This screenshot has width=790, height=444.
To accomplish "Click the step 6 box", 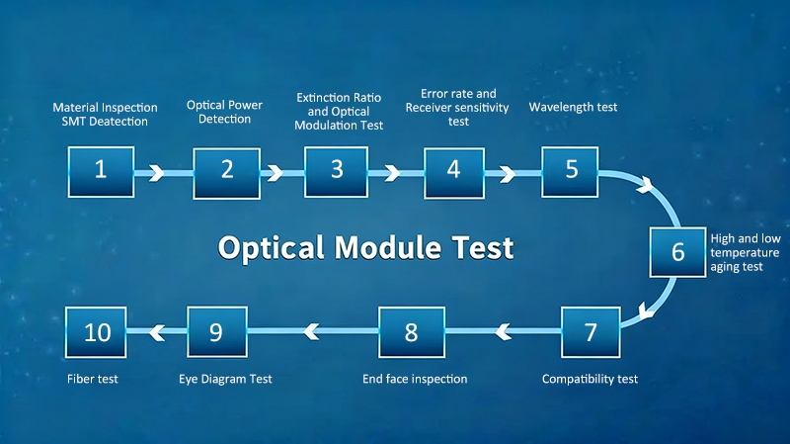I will click(677, 251).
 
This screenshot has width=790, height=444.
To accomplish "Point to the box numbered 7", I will click(591, 332).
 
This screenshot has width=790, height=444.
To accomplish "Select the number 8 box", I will click(411, 332).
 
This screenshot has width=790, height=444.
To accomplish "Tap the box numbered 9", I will click(216, 332).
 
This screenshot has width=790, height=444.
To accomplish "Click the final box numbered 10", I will click(97, 332).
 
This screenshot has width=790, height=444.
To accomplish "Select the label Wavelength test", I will click(573, 107).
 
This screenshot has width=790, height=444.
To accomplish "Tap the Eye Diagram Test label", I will click(225, 379).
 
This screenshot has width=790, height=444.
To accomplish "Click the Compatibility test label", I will click(591, 379).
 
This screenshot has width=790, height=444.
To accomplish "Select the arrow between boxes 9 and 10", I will click(155, 331).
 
